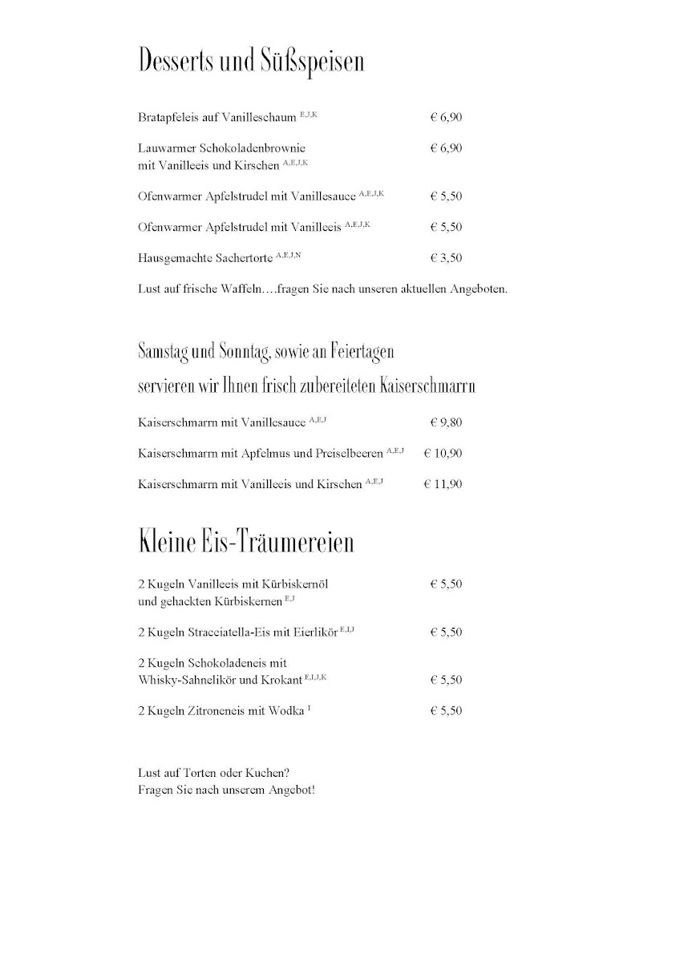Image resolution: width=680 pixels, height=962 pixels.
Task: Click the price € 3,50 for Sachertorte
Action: [446, 258]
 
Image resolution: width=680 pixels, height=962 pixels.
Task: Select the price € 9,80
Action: [446, 422]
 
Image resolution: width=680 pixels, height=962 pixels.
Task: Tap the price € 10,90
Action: [443, 453]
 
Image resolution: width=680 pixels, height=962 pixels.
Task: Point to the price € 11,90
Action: [443, 484]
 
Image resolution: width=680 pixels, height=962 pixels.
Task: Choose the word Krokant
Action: [281, 680]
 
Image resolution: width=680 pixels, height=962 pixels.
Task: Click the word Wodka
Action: [287, 711]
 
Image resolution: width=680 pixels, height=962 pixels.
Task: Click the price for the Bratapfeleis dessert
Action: [446, 117]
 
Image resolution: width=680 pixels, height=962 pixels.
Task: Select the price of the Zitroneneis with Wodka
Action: [446, 711]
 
